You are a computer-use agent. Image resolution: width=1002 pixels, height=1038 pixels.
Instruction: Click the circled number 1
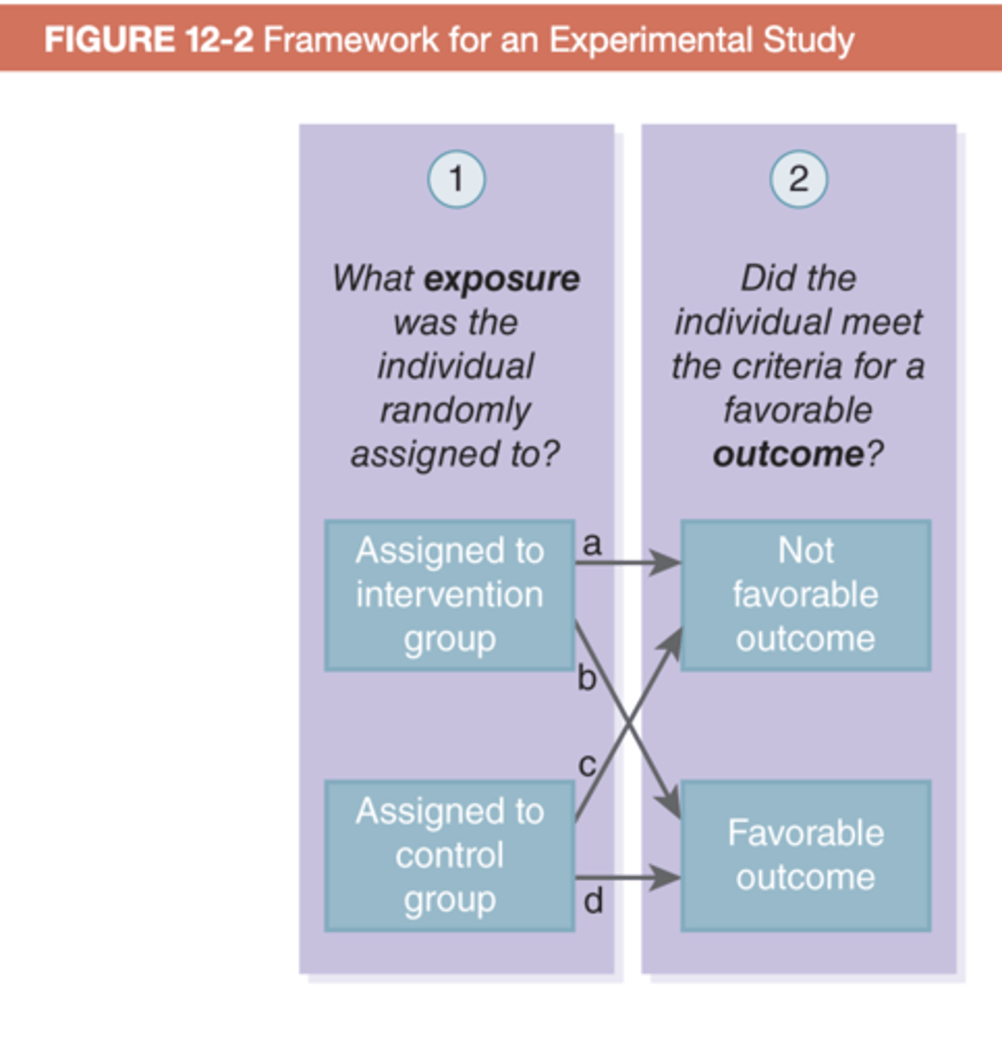click(456, 179)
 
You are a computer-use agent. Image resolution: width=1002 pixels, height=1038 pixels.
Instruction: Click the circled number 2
click(798, 179)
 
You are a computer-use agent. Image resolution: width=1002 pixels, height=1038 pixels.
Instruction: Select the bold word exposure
click(502, 279)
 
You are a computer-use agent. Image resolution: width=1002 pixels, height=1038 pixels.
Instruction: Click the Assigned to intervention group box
click(450, 595)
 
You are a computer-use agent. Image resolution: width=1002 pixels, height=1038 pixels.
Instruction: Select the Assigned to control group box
click(450, 855)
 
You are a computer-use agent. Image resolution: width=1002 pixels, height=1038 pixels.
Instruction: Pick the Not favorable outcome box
click(805, 595)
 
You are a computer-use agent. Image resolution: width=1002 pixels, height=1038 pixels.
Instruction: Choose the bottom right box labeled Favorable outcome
click(805, 855)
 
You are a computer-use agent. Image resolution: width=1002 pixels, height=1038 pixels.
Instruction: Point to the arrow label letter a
click(592, 543)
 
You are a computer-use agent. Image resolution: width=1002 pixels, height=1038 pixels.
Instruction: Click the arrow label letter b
click(587, 678)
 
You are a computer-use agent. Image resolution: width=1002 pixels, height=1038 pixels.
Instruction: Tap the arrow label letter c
click(587, 764)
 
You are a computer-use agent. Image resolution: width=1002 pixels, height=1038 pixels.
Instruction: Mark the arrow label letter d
click(593, 901)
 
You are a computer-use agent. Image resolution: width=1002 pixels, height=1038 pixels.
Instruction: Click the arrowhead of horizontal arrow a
click(667, 563)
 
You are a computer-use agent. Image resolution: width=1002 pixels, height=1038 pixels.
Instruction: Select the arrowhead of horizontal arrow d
click(667, 878)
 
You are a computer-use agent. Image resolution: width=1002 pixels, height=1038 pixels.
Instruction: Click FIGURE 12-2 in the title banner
click(148, 40)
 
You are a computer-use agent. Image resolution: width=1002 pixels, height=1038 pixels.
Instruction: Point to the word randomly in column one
click(455, 410)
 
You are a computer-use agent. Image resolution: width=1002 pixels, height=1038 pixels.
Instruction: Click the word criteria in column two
click(788, 366)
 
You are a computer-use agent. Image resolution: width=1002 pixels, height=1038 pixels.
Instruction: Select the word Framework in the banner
click(350, 40)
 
